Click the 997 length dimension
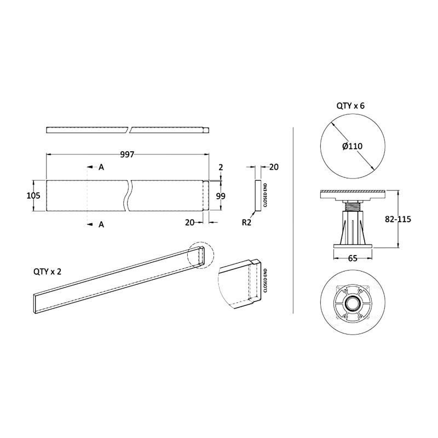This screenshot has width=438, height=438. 128,154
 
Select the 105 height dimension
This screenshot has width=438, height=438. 33,195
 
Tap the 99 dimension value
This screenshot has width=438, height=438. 221,196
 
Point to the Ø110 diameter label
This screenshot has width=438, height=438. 352,146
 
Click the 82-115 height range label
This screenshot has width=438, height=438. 398,220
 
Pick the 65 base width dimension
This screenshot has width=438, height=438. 353,258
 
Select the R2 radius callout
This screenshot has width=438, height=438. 247,222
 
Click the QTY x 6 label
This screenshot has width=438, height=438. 350,106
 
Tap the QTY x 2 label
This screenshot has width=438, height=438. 47,272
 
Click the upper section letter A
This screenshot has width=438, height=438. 101,167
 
